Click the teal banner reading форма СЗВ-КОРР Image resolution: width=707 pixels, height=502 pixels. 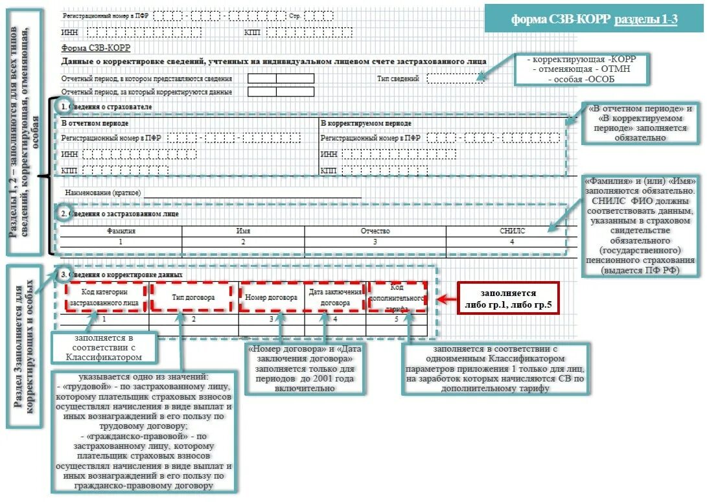pyautogui.click(x=594, y=19)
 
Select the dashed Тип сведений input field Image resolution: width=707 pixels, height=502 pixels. pyautogui.click(x=456, y=78)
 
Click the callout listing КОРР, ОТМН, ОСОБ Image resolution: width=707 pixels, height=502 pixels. pyautogui.click(x=582, y=69)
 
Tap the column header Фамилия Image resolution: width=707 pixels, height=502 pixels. pyautogui.click(x=121, y=231)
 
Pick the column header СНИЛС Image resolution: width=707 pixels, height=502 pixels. pyautogui.click(x=512, y=231)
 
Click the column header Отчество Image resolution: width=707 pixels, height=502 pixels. pyautogui.click(x=375, y=231)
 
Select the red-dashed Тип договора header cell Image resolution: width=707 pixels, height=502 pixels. pyautogui.click(x=193, y=297)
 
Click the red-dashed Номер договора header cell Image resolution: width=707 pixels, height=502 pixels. pyautogui.click(x=271, y=297)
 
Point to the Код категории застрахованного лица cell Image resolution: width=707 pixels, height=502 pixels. pyautogui.click(x=104, y=297)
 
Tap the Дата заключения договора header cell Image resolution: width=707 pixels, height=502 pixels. pyautogui.click(x=335, y=297)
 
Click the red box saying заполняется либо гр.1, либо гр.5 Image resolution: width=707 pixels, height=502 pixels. pyautogui.click(x=508, y=299)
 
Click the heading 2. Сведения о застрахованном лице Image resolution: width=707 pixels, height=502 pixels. pyautogui.click(x=121, y=213)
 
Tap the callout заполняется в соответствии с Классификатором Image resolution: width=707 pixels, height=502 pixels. pyautogui.click(x=104, y=348)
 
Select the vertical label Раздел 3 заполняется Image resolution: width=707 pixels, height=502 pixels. pyautogui.click(x=25, y=345)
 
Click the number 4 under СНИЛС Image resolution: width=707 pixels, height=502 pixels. pyautogui.click(x=512, y=242)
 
